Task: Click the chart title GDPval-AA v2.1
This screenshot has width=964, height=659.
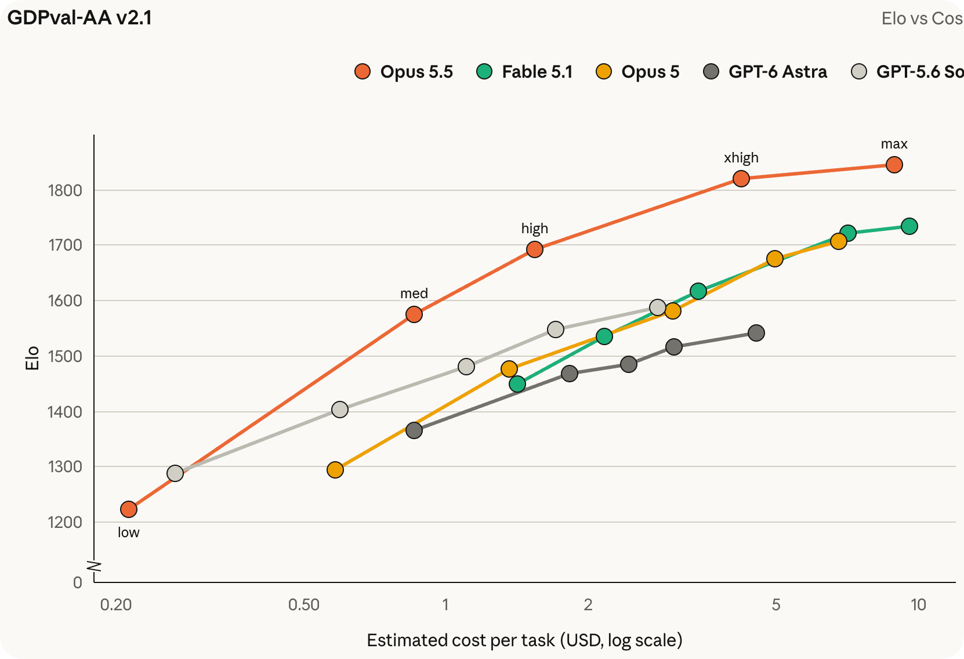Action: pyautogui.click(x=79, y=18)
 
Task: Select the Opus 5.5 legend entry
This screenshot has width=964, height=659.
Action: pyautogui.click(x=404, y=71)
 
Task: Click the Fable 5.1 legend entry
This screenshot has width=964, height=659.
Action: pyautogui.click(x=524, y=71)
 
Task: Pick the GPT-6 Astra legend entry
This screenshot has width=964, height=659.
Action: pyautogui.click(x=764, y=71)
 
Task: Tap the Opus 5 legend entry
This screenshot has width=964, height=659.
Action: pyautogui.click(x=637, y=71)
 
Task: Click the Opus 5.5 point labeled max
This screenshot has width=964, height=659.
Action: pyautogui.click(x=894, y=165)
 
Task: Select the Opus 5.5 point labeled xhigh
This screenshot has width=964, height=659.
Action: pyautogui.click(x=741, y=179)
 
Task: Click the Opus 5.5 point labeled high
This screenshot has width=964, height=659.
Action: pyautogui.click(x=535, y=249)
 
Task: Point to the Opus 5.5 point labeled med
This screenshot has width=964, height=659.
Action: pyautogui.click(x=414, y=314)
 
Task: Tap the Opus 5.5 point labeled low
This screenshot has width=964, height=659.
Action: pyautogui.click(x=129, y=510)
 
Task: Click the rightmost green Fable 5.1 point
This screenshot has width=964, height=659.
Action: pyautogui.click(x=909, y=226)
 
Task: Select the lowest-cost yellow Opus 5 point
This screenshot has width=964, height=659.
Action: pyautogui.click(x=335, y=470)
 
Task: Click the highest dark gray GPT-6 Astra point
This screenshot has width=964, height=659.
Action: pyautogui.click(x=756, y=333)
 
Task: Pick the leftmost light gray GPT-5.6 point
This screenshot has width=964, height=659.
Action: pyautogui.click(x=175, y=473)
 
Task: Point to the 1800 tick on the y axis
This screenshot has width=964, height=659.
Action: pyautogui.click(x=65, y=191)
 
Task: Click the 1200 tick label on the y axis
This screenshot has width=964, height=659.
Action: pyautogui.click(x=65, y=523)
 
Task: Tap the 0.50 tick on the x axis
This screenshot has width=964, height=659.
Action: pyautogui.click(x=304, y=605)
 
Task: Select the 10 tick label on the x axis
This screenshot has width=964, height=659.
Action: pyautogui.click(x=918, y=605)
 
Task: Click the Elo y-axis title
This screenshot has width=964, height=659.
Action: pyautogui.click(x=32, y=358)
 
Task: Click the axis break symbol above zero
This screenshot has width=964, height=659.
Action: pyautogui.click(x=94, y=566)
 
